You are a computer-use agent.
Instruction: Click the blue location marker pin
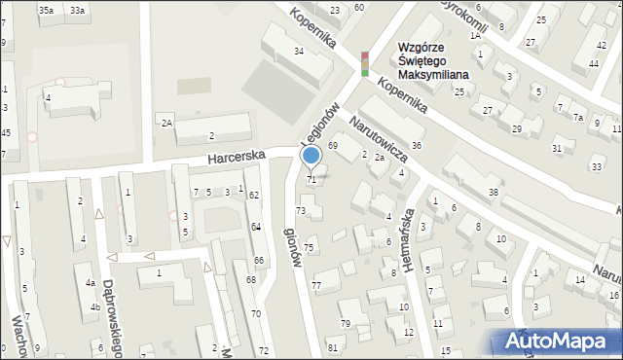[x=311, y=156]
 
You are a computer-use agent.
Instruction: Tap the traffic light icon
[x=365, y=63]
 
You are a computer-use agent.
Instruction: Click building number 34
[x=300, y=51]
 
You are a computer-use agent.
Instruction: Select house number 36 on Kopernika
[x=417, y=145]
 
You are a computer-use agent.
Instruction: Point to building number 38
[x=494, y=193]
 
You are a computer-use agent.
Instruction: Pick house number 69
[x=332, y=145]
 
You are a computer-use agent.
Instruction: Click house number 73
[x=301, y=210]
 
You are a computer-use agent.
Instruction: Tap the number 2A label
[x=167, y=123]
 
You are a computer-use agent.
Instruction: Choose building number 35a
[x=46, y=10]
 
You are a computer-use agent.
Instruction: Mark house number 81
[x=332, y=347]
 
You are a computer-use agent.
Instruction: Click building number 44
[x=593, y=63]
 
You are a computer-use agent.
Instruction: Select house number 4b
[x=94, y=307]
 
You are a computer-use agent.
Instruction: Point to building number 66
[x=259, y=260]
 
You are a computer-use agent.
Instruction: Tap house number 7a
[x=578, y=118]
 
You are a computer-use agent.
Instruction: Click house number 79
[x=345, y=323]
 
